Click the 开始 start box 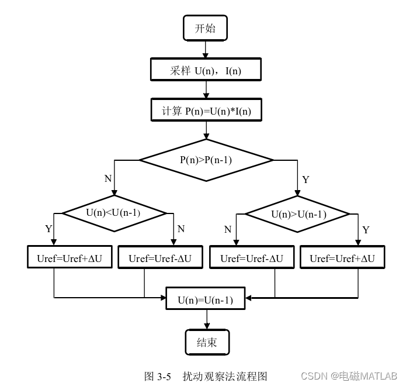point(205,27)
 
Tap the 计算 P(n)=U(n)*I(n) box point(205,111)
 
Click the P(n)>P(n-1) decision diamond point(206,159)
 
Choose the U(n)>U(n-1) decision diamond point(299,214)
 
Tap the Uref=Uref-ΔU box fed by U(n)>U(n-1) point(252,258)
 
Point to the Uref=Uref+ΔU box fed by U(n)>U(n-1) point(342,258)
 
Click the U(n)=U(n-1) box point(206,300)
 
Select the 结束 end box point(206,343)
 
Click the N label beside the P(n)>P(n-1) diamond point(107,178)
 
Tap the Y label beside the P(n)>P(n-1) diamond point(306,178)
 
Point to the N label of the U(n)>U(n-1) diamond point(228,229)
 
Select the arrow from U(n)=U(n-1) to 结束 point(206,320)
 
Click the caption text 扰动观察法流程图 point(224,375)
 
